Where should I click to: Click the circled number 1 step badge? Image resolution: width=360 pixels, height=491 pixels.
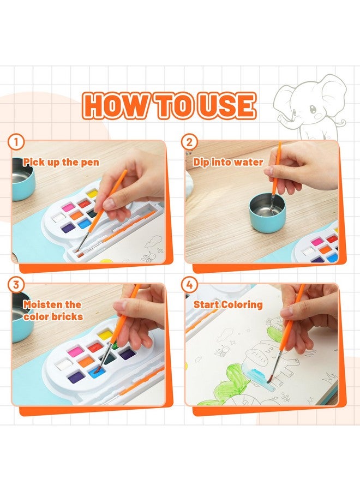[16, 142]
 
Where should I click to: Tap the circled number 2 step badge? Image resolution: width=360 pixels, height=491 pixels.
[189, 142]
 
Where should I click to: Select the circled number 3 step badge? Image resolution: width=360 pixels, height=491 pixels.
[16, 284]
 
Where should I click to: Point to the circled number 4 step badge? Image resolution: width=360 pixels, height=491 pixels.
[189, 284]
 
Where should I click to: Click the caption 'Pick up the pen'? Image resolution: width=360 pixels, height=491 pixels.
[61, 162]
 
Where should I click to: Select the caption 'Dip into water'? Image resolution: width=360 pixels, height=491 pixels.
[228, 162]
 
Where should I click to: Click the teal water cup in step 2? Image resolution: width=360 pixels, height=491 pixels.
[267, 213]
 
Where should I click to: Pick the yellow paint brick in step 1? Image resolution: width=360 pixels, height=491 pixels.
[93, 193]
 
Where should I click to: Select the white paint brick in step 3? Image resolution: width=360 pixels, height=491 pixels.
[64, 364]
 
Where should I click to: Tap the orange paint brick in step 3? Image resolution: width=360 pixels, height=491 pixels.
[85, 361]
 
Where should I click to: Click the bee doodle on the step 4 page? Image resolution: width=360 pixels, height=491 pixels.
[221, 351]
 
